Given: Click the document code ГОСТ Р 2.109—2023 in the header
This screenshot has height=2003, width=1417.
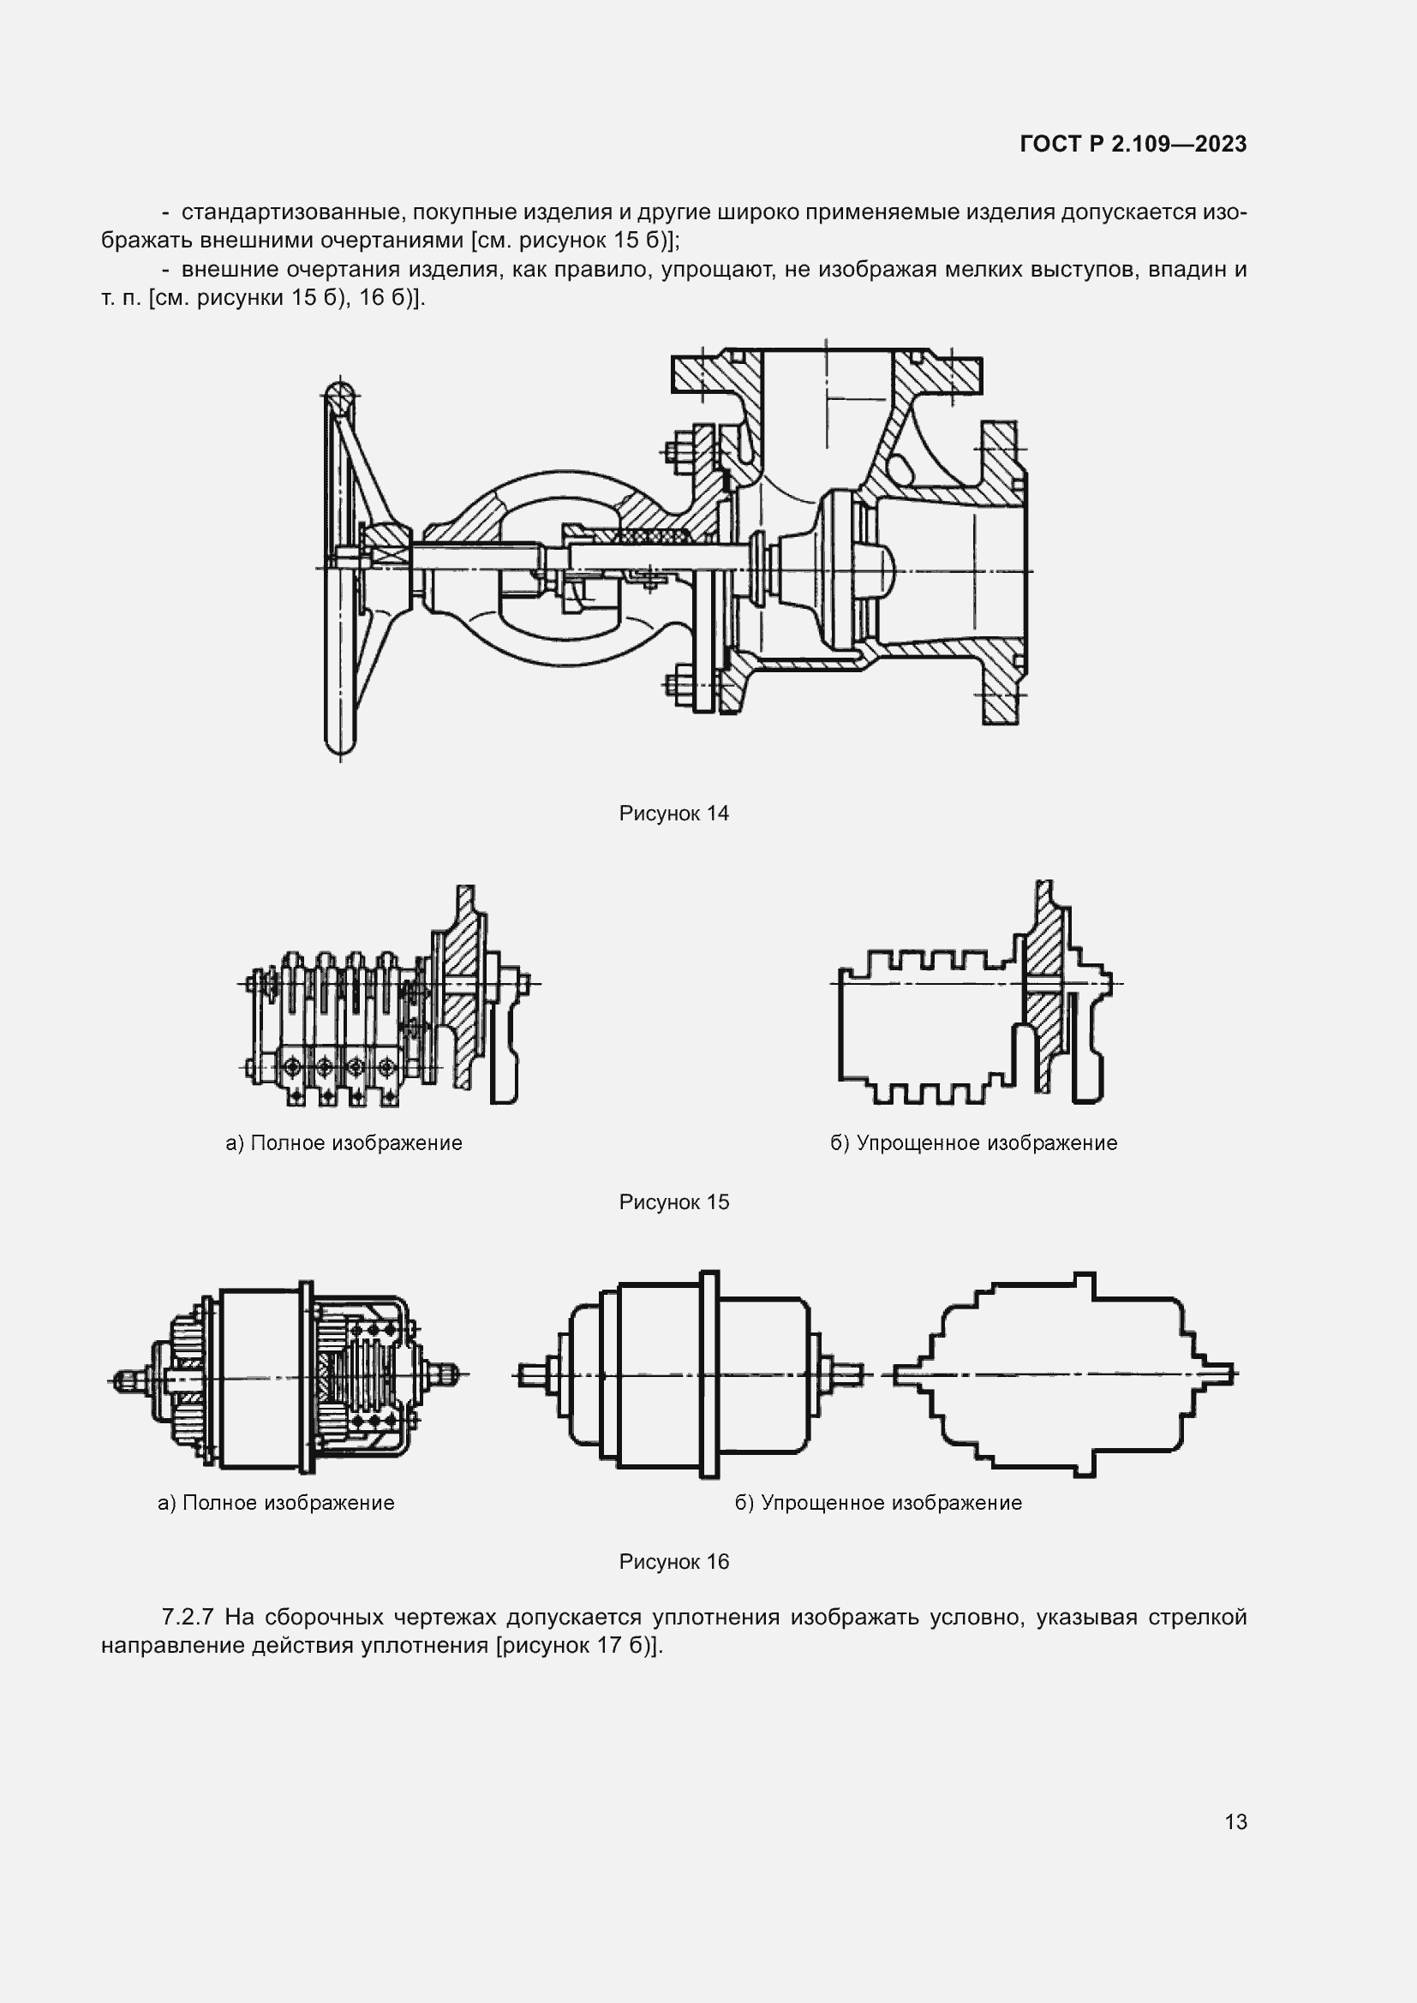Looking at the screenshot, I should [x=1133, y=144].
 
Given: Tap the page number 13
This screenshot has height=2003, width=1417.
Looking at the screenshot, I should [x=1235, y=1821].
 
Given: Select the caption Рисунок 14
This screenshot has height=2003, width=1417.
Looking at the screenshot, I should [x=673, y=813].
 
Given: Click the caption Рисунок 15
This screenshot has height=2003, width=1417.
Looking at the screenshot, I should [x=673, y=1201].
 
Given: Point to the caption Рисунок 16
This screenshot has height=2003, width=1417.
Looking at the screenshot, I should [x=673, y=1561].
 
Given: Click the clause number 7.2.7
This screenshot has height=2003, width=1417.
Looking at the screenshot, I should [x=188, y=1617].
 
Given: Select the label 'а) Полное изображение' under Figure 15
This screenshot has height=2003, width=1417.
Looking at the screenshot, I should [x=344, y=1143].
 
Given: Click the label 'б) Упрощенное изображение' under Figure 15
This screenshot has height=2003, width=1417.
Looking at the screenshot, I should [x=973, y=1143].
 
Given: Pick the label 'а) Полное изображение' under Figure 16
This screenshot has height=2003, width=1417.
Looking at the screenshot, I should [x=276, y=1502].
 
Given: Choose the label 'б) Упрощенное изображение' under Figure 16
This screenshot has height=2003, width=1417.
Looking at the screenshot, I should [x=878, y=1502].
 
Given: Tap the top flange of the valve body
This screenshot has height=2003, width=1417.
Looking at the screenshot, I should [x=826, y=371].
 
